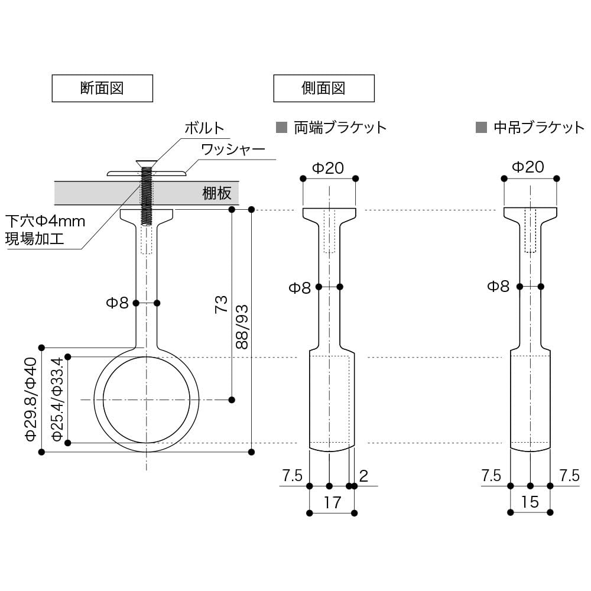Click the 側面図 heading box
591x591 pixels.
[323, 89]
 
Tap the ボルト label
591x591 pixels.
[204, 128]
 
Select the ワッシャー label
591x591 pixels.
[233, 149]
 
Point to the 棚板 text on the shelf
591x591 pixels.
[217, 193]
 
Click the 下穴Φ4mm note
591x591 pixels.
[46, 222]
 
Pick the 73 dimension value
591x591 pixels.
[221, 304]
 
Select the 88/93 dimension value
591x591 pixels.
[242, 327]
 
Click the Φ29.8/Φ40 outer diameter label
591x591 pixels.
[31, 400]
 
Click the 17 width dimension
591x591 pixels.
[332, 502]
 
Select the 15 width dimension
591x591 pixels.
[530, 502]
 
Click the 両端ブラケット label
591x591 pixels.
[340, 127]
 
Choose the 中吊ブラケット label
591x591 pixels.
[538, 127]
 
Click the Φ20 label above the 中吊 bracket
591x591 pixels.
[527, 167]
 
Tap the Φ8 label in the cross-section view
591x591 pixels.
[117, 303]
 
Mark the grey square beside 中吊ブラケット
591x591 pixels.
[481, 127]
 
